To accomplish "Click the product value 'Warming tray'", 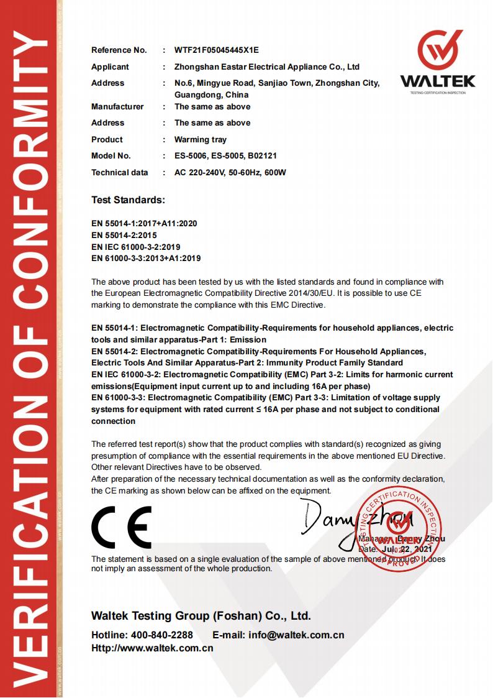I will coord(201,140).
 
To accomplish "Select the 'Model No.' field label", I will coord(111,156).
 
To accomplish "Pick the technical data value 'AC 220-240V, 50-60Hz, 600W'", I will coord(230,173).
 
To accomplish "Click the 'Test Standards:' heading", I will coord(128,200).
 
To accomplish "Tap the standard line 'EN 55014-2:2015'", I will coord(124,236).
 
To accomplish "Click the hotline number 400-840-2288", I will coord(161,635).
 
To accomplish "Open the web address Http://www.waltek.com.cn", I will coord(152,648).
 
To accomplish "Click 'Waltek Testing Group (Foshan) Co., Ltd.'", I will coord(201,616).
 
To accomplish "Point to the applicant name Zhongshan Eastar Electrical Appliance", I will coord(267,67).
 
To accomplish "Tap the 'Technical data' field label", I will coord(120,173).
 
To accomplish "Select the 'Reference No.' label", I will coord(119,50).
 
